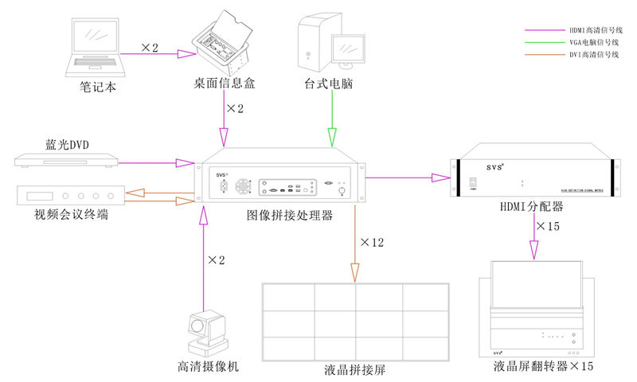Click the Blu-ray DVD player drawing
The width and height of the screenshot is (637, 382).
(x=68, y=162)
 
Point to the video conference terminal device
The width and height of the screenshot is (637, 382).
(x=72, y=196)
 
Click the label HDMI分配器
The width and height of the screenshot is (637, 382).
(x=532, y=206)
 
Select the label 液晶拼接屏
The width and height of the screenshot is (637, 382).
(x=356, y=371)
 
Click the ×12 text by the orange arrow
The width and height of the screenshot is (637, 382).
(x=372, y=242)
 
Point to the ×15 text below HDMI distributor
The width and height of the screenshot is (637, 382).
(x=549, y=227)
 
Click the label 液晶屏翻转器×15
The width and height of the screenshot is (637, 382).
(x=543, y=367)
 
